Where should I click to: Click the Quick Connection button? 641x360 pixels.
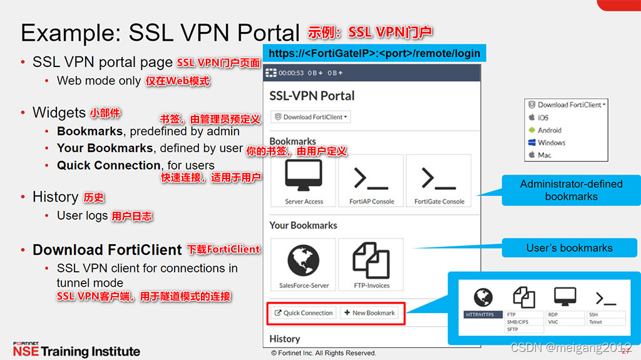[304, 313]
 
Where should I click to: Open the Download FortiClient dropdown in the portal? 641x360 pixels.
[310, 117]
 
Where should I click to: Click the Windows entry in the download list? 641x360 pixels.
[551, 143]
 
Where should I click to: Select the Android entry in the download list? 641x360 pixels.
[549, 130]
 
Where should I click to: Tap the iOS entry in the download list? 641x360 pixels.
[543, 118]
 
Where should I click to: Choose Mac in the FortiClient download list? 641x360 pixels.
[544, 155]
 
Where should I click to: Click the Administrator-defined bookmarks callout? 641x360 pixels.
[571, 190]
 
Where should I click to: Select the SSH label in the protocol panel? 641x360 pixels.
[593, 314]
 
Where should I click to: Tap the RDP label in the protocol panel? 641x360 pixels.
[553, 314]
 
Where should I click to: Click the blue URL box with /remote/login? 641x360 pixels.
[374, 53]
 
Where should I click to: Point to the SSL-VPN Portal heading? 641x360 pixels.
[312, 96]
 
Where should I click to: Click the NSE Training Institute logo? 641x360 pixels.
[76, 349]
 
